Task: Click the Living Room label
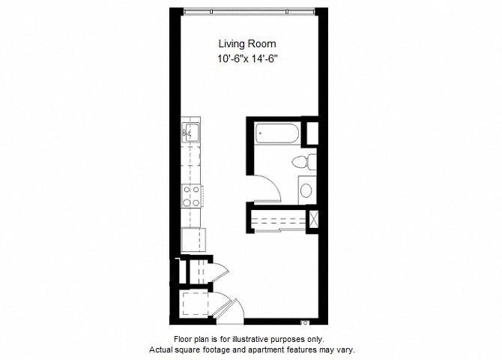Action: click(247, 43)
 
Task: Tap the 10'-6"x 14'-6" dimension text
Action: click(247, 59)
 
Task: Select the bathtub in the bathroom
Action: click(277, 133)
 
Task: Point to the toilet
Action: click(304, 161)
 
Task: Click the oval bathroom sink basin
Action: click(306, 190)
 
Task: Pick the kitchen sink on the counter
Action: click(190, 133)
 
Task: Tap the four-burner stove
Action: click(191, 196)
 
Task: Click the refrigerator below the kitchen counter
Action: click(193, 240)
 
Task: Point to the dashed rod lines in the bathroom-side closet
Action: click(278, 219)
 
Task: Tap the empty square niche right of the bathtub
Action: click(312, 133)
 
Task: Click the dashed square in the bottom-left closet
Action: click(196, 304)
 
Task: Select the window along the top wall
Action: click(250, 12)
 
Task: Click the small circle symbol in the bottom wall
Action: click(305, 322)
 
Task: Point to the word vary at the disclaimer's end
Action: click(347, 349)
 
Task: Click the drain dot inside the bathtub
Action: click(260, 133)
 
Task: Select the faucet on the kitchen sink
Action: click(186, 132)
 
